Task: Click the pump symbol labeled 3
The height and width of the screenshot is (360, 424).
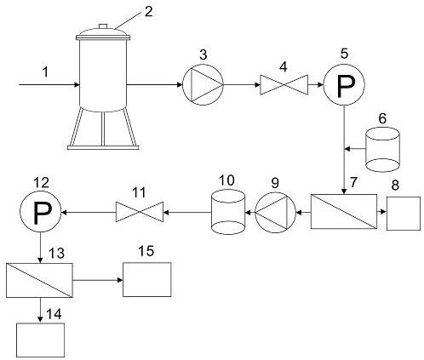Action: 203,84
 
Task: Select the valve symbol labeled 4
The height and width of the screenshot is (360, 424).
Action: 284,84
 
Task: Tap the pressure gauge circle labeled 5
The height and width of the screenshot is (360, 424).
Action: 344,84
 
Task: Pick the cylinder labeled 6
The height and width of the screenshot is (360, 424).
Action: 383,150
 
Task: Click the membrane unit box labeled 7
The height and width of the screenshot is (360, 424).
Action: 344,211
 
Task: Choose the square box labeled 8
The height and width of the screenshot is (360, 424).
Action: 404,214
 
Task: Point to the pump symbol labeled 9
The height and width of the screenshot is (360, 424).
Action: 275,212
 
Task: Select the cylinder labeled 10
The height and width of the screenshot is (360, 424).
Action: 228,212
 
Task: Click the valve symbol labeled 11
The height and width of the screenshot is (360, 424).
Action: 140,212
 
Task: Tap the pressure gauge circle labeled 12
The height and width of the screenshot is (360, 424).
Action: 40,212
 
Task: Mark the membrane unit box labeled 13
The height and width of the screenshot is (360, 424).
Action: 39,280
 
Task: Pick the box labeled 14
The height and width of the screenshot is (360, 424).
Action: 40,340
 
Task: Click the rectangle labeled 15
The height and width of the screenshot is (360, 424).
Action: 147,280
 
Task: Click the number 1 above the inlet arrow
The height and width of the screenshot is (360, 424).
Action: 45,72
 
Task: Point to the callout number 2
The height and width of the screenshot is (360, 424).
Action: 149,11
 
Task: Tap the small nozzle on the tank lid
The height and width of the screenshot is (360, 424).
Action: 103,26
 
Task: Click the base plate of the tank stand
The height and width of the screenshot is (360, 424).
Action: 103,147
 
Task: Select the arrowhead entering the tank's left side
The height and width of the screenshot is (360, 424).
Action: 77,84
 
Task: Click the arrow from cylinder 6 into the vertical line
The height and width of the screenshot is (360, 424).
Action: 355,148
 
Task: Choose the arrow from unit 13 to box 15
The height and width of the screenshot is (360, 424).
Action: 98,280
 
